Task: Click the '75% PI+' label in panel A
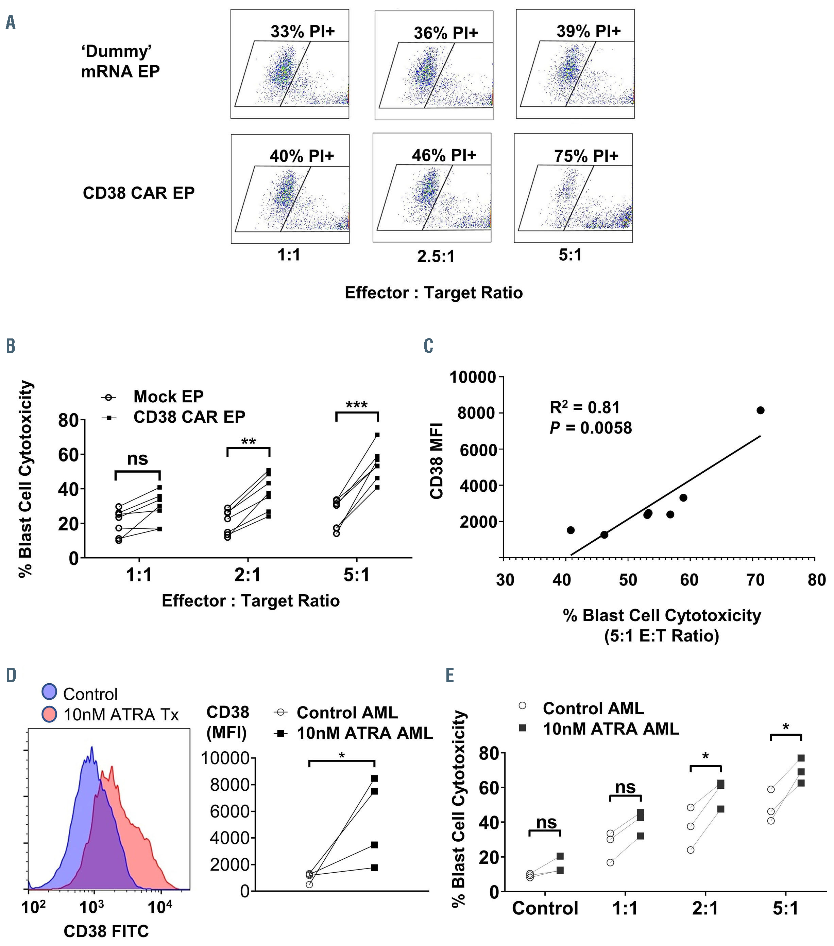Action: (586, 156)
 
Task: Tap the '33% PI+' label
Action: (302, 32)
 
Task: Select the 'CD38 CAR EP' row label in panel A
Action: (138, 193)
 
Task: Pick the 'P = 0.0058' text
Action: (591, 428)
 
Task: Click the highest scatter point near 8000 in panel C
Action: (760, 410)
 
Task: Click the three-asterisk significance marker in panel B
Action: (357, 405)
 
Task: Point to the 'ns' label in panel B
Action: (138, 459)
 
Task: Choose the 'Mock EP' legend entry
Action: (168, 397)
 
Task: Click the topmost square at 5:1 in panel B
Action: (377, 435)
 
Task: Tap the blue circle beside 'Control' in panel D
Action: (49, 691)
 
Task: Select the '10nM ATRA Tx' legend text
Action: (121, 714)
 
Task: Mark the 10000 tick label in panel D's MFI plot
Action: (225, 758)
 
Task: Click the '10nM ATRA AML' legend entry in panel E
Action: (610, 729)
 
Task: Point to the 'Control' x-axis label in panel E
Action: (545, 908)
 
